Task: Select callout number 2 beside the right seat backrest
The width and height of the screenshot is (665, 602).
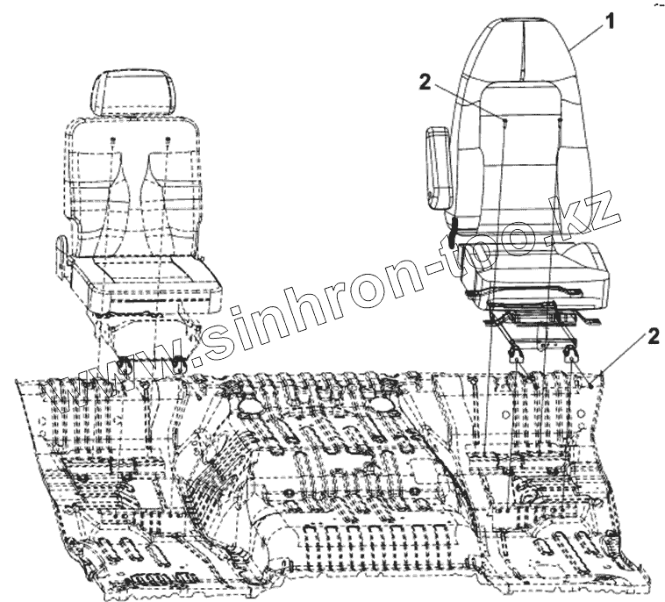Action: click(x=425, y=82)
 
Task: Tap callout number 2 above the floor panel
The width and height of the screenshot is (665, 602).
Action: click(x=651, y=336)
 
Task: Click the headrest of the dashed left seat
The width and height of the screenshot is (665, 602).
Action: click(x=139, y=88)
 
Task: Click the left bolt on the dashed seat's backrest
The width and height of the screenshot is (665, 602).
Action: click(x=113, y=140)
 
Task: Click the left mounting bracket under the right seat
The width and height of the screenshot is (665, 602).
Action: click(x=517, y=352)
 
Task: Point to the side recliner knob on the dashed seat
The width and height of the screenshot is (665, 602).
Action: click(x=61, y=249)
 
